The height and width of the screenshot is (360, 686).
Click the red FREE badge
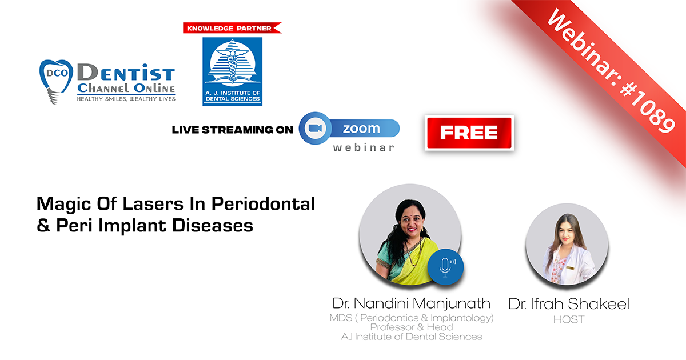(x=469, y=133)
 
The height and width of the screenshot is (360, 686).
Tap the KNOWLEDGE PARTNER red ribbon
(x=232, y=28)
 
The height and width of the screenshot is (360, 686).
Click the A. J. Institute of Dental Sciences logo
(x=233, y=71)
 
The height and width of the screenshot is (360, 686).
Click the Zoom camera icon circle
(x=315, y=128)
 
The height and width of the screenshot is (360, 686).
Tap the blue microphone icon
(x=445, y=267)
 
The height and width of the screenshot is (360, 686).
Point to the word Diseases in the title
(x=213, y=226)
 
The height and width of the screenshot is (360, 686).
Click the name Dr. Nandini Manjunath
(x=411, y=303)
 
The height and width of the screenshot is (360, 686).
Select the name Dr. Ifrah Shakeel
(x=569, y=304)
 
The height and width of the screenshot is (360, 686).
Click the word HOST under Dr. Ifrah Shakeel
(x=569, y=319)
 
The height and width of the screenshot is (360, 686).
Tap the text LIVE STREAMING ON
(x=233, y=130)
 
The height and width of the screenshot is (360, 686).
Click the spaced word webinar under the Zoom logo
(x=364, y=148)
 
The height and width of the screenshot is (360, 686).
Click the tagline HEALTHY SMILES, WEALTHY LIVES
(x=126, y=99)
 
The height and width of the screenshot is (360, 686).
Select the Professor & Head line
(x=411, y=327)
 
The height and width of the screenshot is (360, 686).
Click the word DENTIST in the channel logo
(x=126, y=74)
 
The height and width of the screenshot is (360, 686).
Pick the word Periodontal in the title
(x=263, y=204)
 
